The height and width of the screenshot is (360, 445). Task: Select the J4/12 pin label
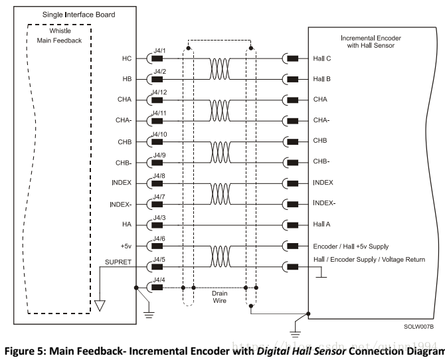pos(159,92)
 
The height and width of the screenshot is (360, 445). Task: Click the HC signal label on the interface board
pos(127,58)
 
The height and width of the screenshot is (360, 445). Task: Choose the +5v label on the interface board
pos(126,245)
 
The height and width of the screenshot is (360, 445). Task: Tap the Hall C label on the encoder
pos(322,58)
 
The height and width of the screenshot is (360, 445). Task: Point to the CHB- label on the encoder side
pos(321,161)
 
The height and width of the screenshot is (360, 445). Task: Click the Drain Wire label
pos(219,296)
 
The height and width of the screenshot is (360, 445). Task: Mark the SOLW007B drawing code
pos(418,327)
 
